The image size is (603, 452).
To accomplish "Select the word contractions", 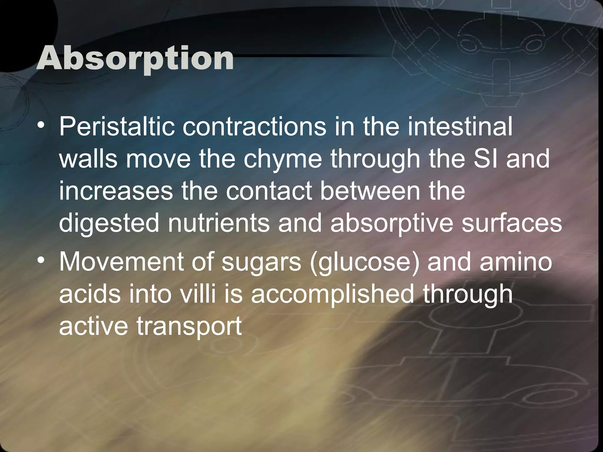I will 254,127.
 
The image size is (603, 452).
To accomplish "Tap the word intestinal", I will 460,127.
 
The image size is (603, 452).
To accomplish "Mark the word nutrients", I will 218,223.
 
